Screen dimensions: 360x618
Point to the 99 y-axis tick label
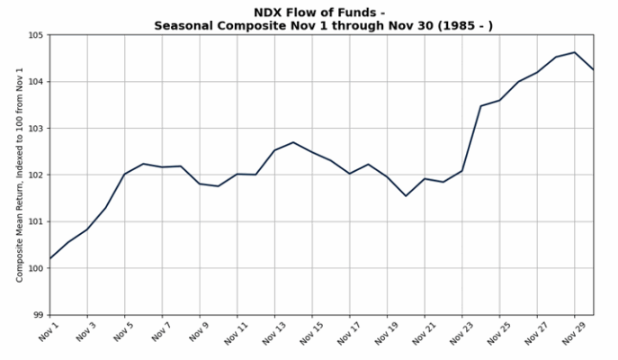pyautogui.click(x=38, y=315)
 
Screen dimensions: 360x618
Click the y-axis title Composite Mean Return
pyautogui.click(x=20, y=175)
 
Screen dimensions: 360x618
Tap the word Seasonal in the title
pyautogui.click(x=183, y=25)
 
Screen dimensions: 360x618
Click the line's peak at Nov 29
pyautogui.click(x=575, y=52)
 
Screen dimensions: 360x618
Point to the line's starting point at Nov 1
pyautogui.click(x=49, y=259)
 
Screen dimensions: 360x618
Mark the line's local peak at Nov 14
pyautogui.click(x=293, y=142)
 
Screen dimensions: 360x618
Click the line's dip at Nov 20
pyautogui.click(x=406, y=196)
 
